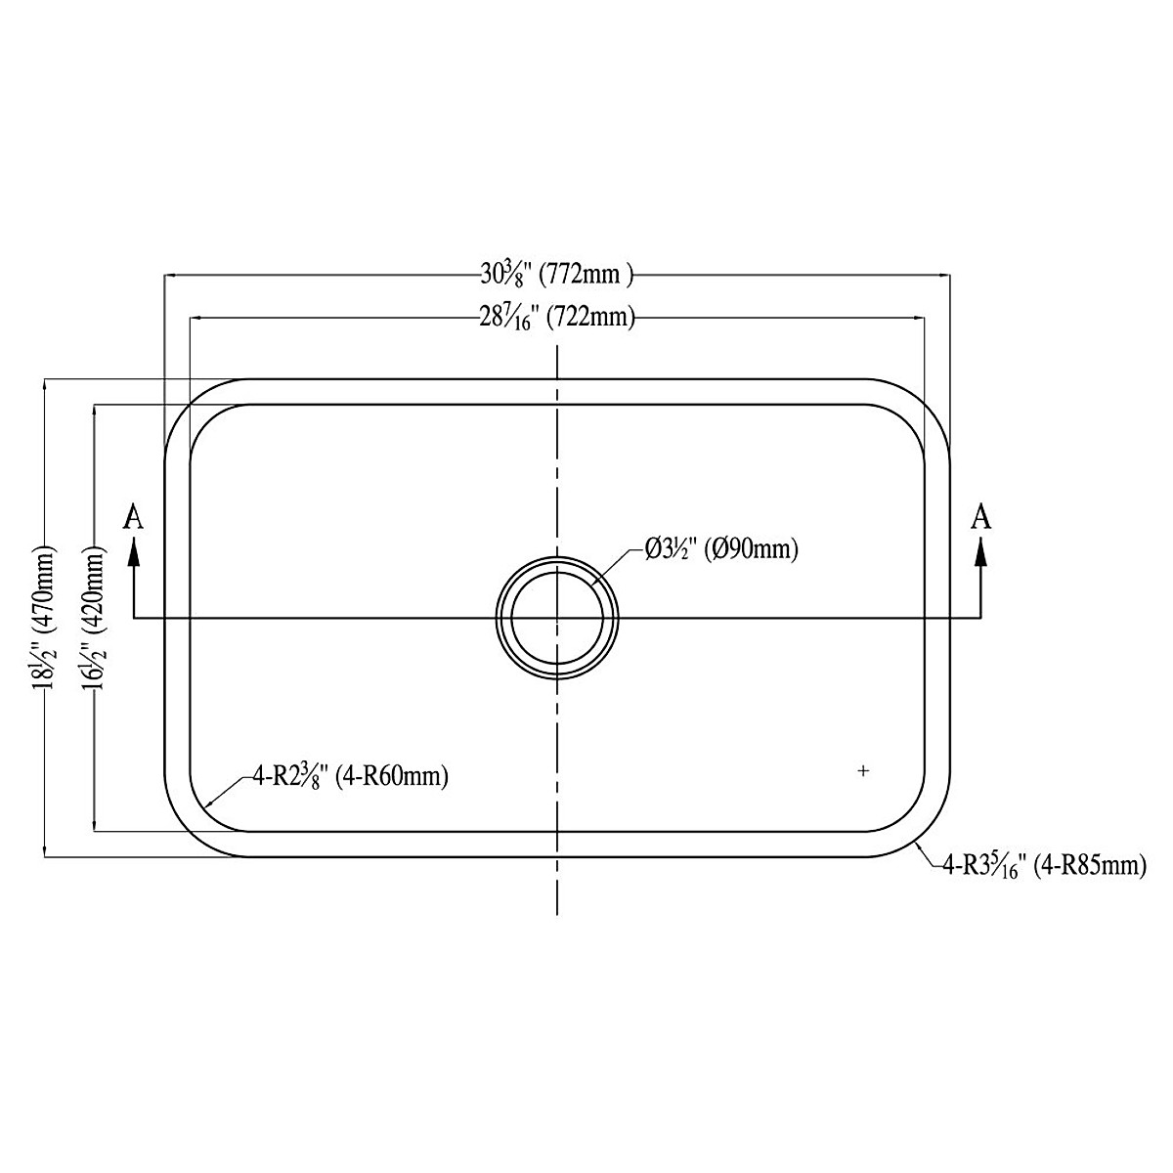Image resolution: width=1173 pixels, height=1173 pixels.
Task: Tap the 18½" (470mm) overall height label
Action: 45,618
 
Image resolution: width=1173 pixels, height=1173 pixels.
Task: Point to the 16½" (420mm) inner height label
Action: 95,618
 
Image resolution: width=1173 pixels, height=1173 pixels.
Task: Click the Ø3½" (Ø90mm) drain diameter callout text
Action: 721,550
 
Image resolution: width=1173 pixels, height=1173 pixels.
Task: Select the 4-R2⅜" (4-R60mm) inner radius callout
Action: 350,777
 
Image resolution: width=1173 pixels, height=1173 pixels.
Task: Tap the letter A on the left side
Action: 134,518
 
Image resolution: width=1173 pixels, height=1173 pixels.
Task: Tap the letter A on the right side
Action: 980,518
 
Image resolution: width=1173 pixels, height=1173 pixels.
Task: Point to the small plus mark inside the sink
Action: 863,771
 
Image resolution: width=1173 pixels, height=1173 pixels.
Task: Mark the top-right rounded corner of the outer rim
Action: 927,402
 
